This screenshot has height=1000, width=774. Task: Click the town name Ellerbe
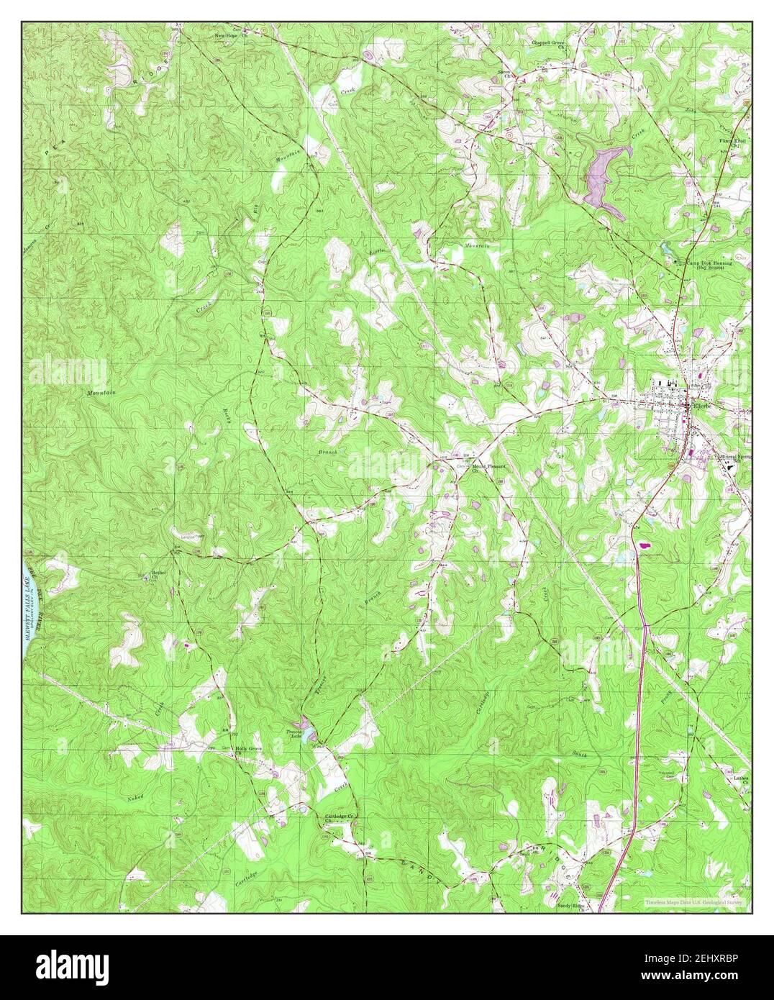pos(701,406)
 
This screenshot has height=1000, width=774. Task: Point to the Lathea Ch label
pos(741,779)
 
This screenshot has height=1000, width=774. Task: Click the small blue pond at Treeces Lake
pos(308,733)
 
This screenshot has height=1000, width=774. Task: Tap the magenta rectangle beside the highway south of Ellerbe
pos(644,546)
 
